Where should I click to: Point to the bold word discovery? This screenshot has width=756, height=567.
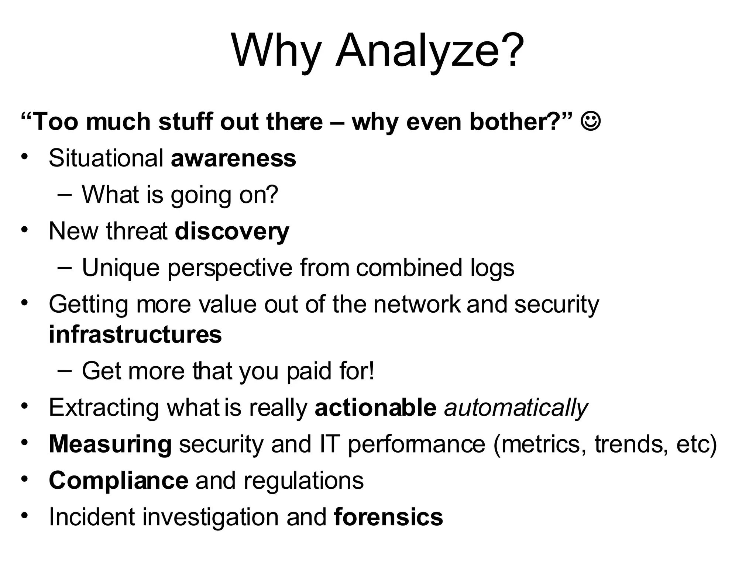(x=232, y=231)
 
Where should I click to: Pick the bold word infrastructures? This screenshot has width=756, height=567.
(x=135, y=334)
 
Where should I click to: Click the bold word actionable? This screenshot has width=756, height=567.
(x=375, y=408)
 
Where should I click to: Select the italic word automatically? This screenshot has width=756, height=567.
(x=516, y=408)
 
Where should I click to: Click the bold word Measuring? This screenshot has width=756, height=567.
(x=110, y=444)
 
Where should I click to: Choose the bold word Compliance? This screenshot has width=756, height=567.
(x=118, y=481)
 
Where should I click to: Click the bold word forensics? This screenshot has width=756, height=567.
(x=388, y=517)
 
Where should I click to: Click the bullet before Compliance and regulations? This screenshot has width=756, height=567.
(x=24, y=479)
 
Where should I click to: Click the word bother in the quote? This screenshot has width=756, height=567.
(x=510, y=121)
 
